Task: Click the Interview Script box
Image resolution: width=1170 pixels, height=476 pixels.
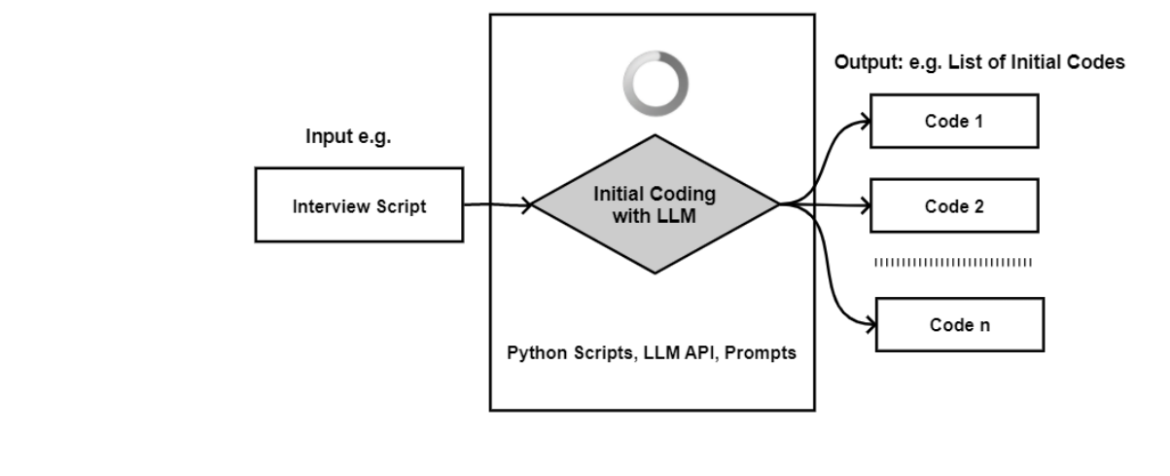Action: tap(359, 204)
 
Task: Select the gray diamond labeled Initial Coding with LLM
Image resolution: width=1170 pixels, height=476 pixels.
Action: tap(654, 204)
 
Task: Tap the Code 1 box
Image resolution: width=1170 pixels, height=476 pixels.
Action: tap(954, 121)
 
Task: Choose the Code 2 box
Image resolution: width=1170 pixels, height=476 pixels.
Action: tap(954, 206)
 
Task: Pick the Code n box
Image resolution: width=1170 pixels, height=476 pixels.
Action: tap(959, 324)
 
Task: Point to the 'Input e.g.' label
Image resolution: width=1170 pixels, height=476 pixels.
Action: tap(348, 137)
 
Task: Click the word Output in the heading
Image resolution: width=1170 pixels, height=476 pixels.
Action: tap(861, 62)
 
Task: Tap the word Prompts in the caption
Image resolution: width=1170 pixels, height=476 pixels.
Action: tap(765, 352)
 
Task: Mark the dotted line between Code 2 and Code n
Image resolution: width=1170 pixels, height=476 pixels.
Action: tap(953, 262)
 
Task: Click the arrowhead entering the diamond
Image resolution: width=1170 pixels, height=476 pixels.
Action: tap(527, 204)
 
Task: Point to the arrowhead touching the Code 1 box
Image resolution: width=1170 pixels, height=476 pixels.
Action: tap(865, 122)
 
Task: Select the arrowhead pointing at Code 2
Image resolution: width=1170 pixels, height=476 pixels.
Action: tap(865, 205)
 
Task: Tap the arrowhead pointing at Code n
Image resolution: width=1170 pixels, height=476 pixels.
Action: tap(869, 324)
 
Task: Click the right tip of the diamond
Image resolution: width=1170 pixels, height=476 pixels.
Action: tap(779, 204)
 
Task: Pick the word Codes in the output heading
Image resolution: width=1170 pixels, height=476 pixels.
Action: tap(1100, 62)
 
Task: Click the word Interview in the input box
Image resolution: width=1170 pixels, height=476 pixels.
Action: tap(327, 206)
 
